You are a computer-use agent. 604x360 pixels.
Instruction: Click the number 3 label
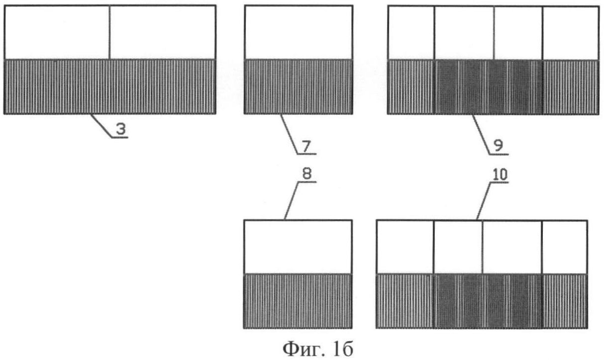[x=121, y=129]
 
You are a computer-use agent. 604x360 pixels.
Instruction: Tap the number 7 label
[x=306, y=147]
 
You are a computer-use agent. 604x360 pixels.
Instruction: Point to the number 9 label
[x=499, y=146]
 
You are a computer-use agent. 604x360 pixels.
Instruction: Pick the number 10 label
[x=500, y=175]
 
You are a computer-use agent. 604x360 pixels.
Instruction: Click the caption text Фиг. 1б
[x=317, y=349]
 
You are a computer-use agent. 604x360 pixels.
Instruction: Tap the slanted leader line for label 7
[x=289, y=134]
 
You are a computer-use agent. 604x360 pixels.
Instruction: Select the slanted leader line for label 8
[x=292, y=200]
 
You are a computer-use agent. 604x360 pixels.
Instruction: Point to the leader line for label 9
[x=481, y=134]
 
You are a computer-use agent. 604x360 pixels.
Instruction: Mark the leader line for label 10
[x=484, y=201]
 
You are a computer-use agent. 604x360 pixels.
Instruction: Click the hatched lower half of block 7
[x=299, y=87]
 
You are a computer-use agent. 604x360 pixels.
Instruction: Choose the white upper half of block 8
[x=298, y=247]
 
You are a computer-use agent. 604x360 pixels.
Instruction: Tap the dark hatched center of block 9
[x=488, y=87]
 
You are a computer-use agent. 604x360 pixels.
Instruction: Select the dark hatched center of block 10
[x=488, y=301]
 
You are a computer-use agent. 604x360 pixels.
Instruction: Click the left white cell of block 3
[x=57, y=32]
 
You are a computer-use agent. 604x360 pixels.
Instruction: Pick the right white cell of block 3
[x=163, y=32]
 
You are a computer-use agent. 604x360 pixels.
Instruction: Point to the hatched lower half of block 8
[x=298, y=301]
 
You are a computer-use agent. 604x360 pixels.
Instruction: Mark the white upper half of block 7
[x=299, y=32]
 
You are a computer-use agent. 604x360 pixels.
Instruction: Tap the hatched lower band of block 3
[x=110, y=87]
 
